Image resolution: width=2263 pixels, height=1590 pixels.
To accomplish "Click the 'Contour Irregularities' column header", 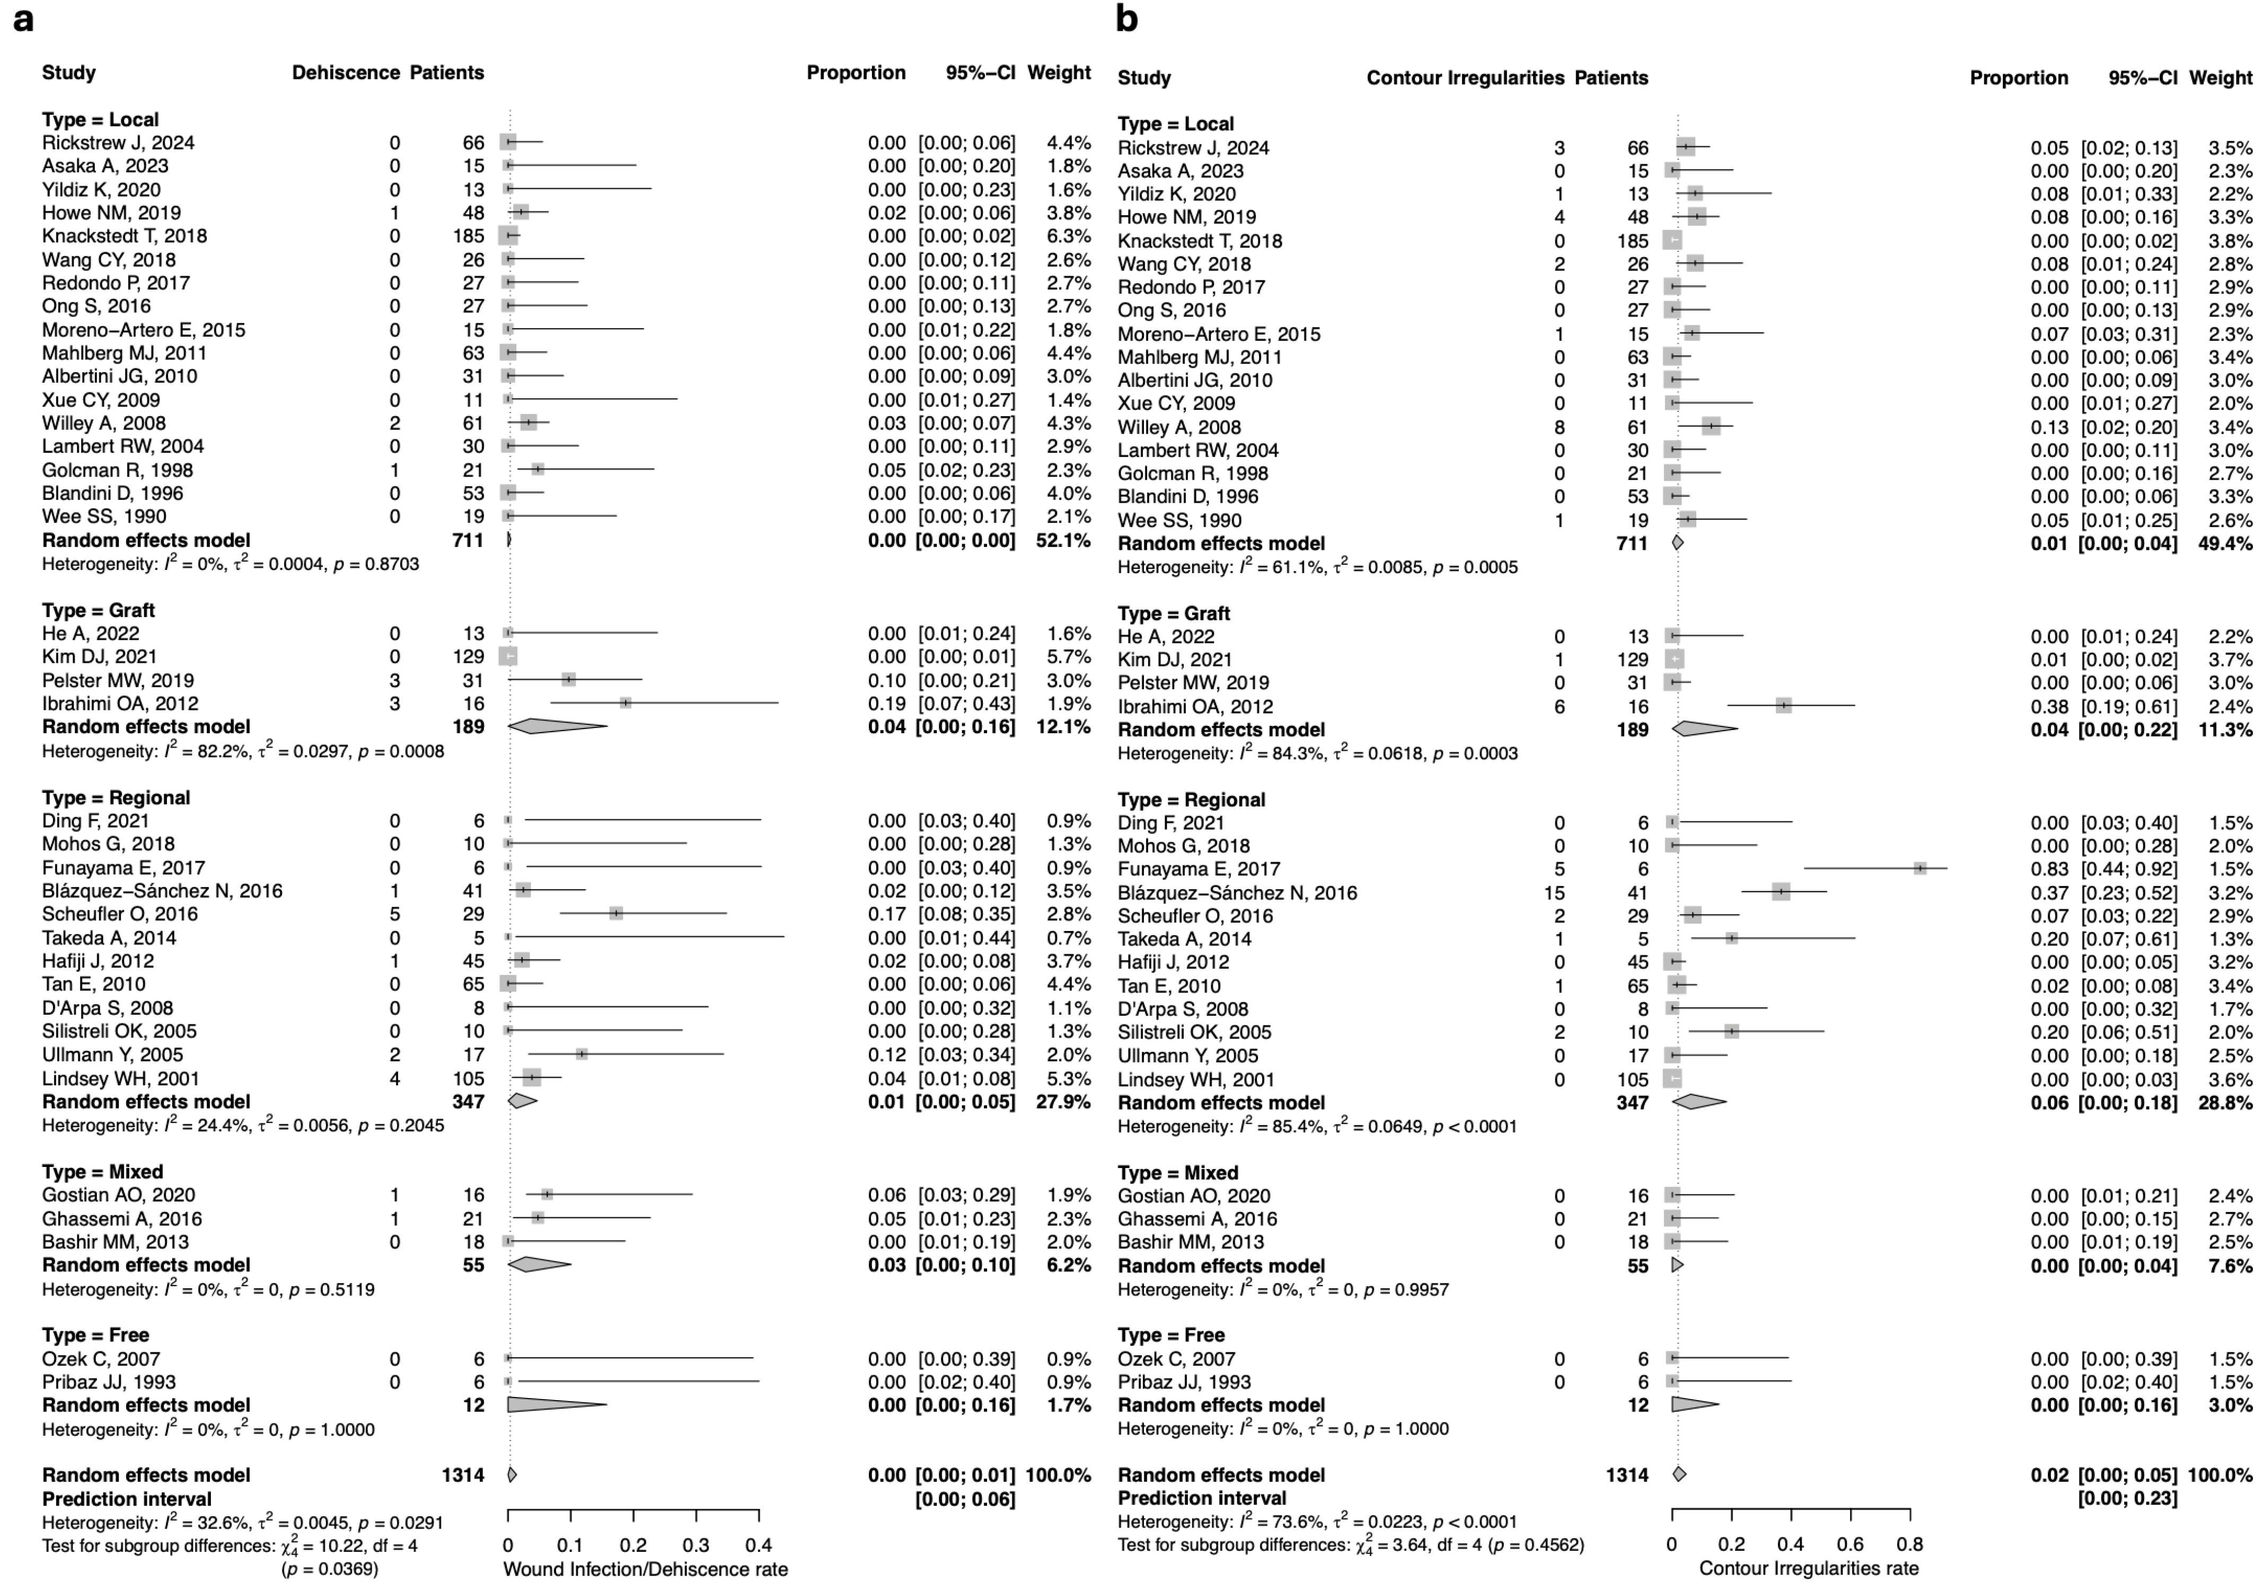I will (1465, 78).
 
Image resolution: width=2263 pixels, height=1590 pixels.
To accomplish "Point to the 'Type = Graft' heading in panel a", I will (99, 610).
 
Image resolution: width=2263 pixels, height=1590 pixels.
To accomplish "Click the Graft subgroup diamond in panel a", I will (557, 726).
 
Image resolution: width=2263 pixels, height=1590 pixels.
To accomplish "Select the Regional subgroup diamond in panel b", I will (1699, 1102).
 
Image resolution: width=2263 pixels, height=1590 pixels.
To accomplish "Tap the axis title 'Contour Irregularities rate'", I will (1809, 1568).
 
